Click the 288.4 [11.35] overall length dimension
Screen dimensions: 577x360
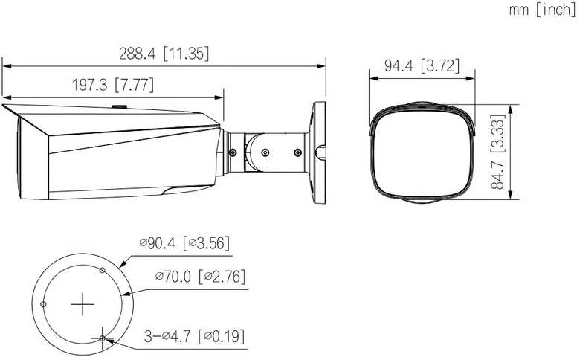point(164,54)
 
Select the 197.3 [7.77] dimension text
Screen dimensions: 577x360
point(112,86)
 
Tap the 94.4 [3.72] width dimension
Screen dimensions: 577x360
point(422,66)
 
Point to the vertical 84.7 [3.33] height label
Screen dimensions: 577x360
point(498,152)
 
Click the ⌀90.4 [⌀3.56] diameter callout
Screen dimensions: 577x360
point(184,243)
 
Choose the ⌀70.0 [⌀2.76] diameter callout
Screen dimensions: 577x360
point(200,277)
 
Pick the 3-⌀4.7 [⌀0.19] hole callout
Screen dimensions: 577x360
point(194,336)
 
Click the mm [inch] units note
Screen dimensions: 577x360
point(541,10)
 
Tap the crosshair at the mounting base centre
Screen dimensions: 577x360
point(83,304)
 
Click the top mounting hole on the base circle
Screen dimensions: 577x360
point(103,271)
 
